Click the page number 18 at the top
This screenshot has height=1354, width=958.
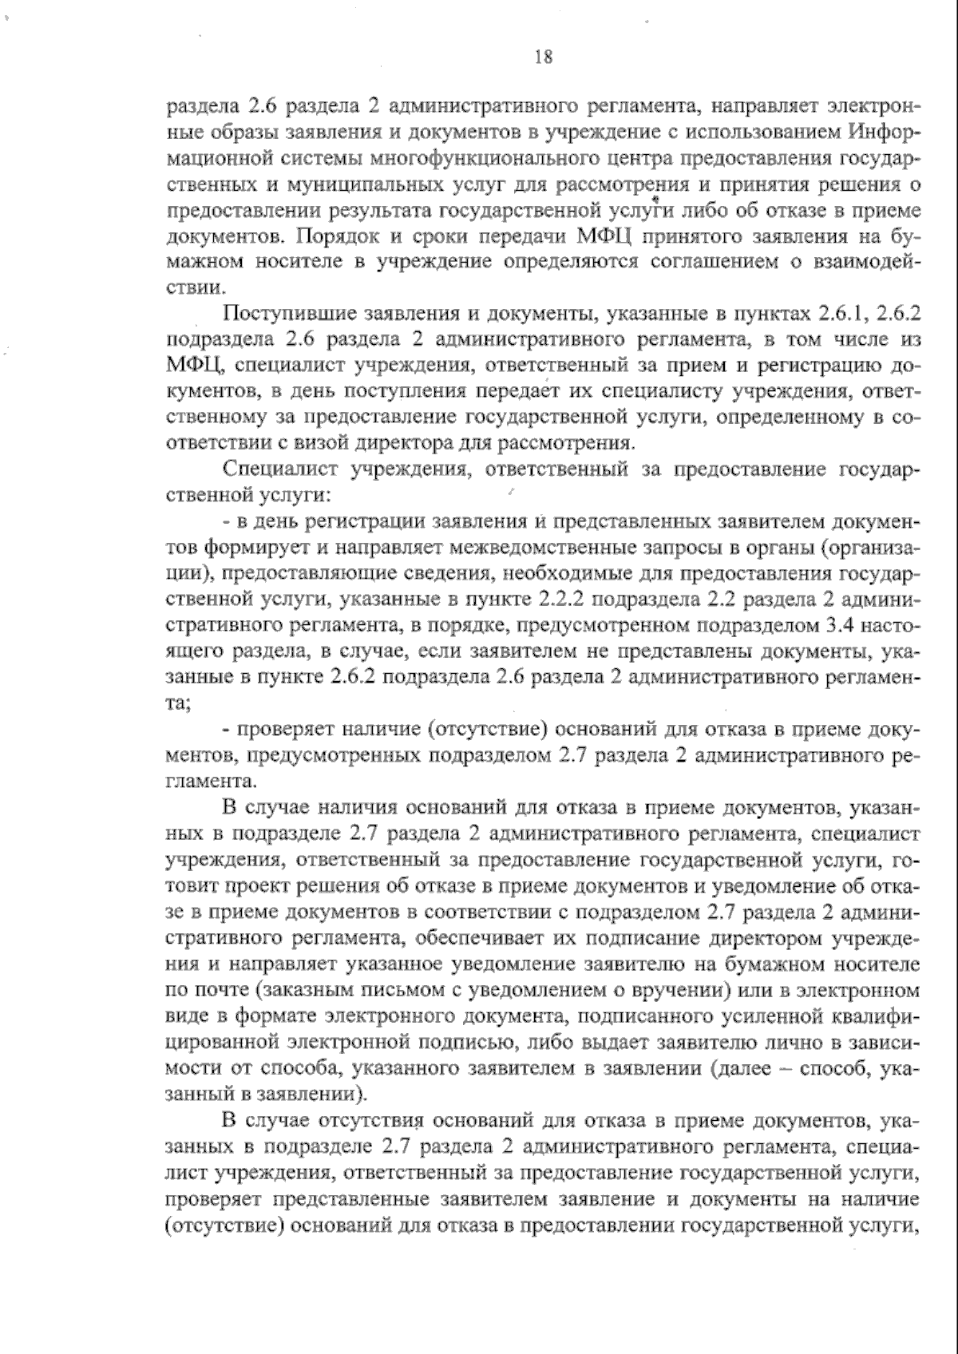click(x=543, y=57)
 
